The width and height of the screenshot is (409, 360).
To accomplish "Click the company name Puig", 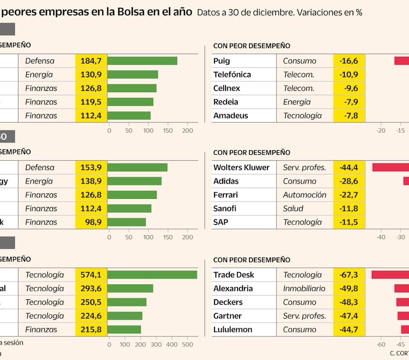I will (222, 61).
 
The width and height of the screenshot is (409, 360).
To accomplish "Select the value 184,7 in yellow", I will (91, 61).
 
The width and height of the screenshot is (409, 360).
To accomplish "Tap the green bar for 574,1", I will (152, 275).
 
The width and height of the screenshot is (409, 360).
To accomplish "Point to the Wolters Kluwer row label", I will (241, 167).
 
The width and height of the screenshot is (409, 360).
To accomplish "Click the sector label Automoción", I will (305, 195).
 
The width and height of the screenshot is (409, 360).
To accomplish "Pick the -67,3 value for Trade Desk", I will (349, 275).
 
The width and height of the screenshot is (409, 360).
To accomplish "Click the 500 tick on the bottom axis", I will (188, 344).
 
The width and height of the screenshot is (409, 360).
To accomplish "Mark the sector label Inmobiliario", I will (304, 288).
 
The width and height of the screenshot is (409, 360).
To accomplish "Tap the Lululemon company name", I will (233, 329).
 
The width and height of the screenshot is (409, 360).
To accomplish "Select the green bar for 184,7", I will (142, 61).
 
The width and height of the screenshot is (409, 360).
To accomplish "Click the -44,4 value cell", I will (349, 167).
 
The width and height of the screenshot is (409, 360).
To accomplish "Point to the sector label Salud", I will (293, 208).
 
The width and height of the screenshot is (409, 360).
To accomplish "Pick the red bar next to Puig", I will (402, 61).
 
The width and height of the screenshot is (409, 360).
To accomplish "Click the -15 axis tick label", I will (400, 130).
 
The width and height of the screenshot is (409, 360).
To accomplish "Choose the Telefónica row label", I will (232, 74).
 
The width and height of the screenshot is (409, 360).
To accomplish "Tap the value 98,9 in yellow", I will (94, 222).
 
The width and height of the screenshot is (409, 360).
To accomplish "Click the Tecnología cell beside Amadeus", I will (302, 115).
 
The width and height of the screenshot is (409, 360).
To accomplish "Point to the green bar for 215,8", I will (124, 329).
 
